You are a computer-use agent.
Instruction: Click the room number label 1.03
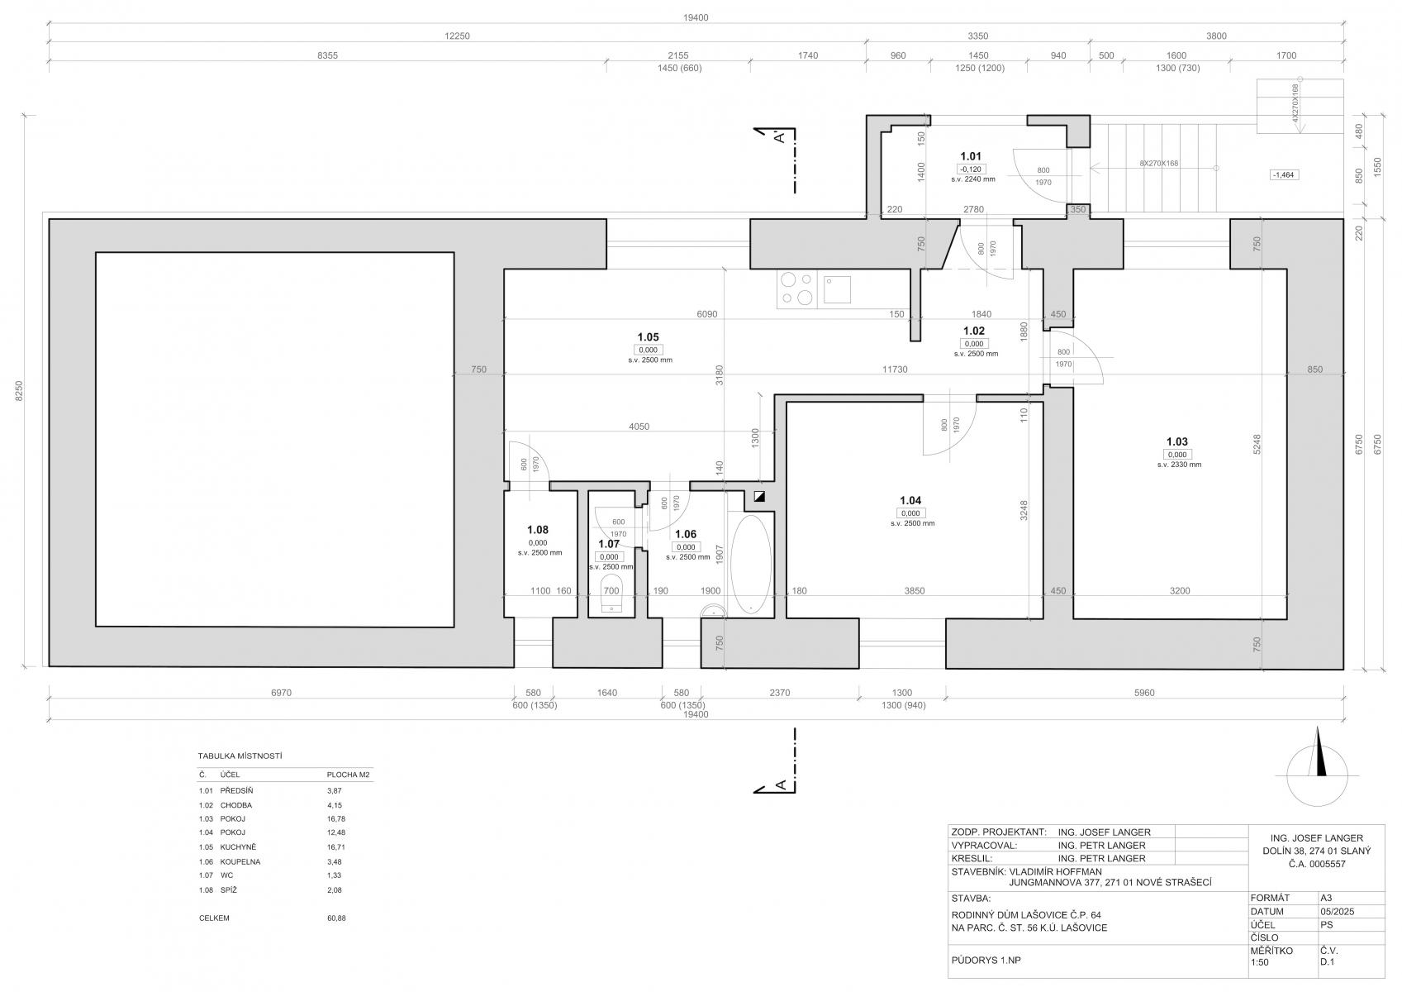click(x=1176, y=441)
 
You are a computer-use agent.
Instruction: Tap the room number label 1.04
click(x=910, y=500)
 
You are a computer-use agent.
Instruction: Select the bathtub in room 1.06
click(x=750, y=564)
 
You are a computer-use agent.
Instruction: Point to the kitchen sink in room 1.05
click(x=837, y=289)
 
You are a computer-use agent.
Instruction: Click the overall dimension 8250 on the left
click(x=19, y=391)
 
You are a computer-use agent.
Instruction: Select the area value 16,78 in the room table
click(x=336, y=818)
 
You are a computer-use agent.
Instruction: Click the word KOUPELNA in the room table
click(x=240, y=861)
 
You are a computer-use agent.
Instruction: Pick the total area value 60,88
click(x=336, y=918)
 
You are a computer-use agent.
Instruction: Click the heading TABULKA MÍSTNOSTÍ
click(x=240, y=756)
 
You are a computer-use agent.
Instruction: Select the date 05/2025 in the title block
click(x=1338, y=911)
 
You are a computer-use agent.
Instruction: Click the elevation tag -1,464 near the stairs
click(x=1284, y=174)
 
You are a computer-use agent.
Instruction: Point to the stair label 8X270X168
click(x=1158, y=164)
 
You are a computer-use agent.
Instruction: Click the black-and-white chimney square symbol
click(x=760, y=498)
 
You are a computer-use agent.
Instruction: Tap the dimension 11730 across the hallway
click(x=895, y=370)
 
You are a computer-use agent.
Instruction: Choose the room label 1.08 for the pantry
click(x=538, y=530)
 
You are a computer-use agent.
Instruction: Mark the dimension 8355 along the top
click(x=327, y=55)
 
